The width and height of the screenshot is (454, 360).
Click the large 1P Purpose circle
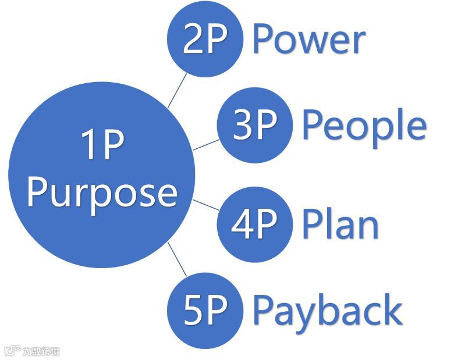point(102,174)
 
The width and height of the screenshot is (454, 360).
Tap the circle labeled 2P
point(204,40)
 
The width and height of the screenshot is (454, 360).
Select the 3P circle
point(254,124)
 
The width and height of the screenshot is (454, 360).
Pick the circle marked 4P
point(254,224)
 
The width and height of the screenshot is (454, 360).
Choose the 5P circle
point(204,310)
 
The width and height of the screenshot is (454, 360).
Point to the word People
point(364,125)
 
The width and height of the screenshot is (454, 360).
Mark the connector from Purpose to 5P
point(177,259)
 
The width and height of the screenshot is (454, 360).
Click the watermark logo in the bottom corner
point(32,351)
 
